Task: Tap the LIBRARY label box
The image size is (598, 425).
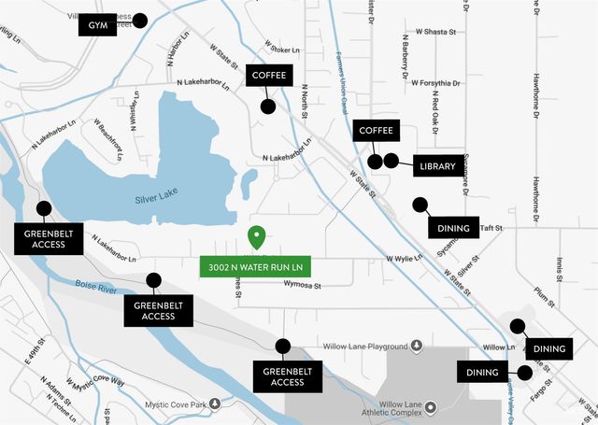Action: click(436, 165)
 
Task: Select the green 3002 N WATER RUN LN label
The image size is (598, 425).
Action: click(255, 266)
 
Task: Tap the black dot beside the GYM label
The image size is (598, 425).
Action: click(141, 20)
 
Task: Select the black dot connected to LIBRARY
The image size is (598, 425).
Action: click(391, 161)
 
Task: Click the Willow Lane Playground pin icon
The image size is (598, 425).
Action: click(417, 346)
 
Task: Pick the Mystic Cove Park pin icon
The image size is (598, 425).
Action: click(216, 404)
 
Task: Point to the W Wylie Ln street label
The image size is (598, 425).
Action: click(404, 259)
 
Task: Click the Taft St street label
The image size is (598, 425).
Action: click(491, 228)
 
